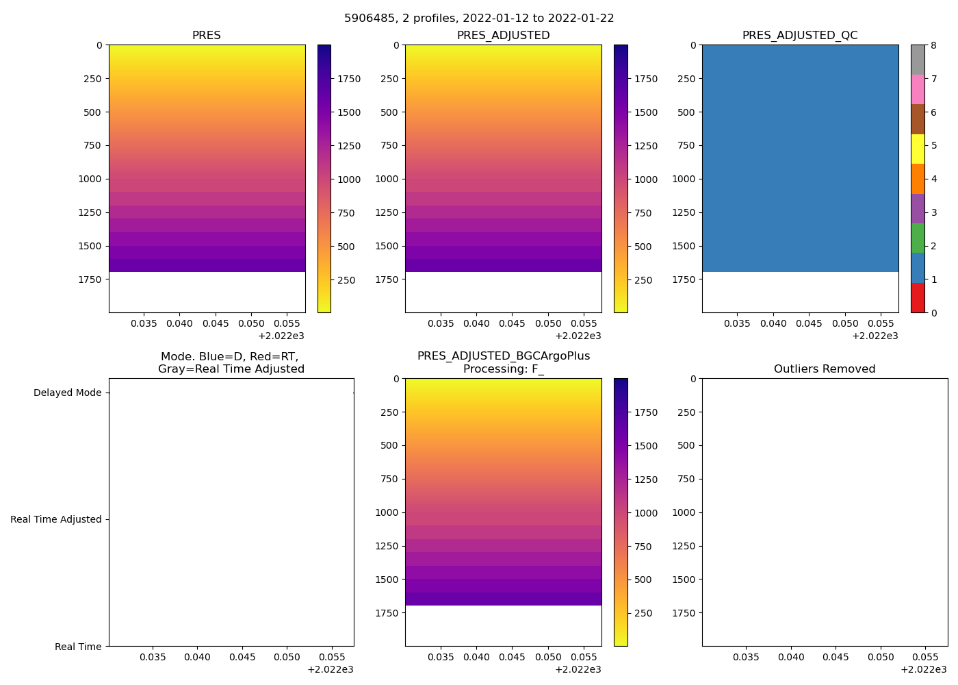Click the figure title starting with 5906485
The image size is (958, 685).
coord(479,18)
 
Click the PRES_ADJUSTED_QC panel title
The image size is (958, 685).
coord(800,36)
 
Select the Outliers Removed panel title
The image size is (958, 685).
coord(825,369)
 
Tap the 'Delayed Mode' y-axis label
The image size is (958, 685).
coord(67,393)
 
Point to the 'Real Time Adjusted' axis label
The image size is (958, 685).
coord(56,520)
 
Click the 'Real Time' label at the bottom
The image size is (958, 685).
coord(78,647)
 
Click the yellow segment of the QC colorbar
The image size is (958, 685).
coord(918,149)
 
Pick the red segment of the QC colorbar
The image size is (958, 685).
coord(918,298)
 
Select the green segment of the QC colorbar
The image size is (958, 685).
coord(918,238)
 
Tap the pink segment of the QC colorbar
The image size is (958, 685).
coord(918,89)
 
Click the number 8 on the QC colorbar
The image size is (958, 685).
coord(934,46)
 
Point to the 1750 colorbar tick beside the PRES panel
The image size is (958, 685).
coord(349,79)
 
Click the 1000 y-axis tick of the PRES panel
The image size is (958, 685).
coord(92,179)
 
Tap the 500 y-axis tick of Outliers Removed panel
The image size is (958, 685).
coord(686,446)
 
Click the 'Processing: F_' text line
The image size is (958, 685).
coord(504,369)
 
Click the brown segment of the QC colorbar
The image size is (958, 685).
coord(918,119)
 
